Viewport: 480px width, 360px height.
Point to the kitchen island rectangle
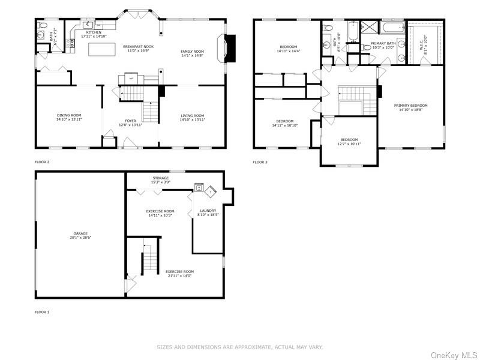point(101,50)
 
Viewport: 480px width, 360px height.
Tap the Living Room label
point(193,118)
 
